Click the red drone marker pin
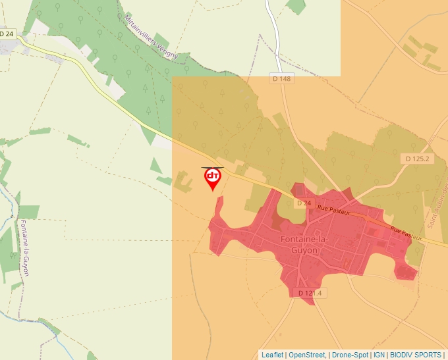(x=213, y=178)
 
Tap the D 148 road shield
(x=282, y=79)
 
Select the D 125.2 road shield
(x=416, y=159)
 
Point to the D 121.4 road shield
(x=309, y=293)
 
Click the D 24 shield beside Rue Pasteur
(x=303, y=203)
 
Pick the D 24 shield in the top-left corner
(x=7, y=34)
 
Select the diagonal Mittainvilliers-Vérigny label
(x=151, y=36)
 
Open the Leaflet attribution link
(x=273, y=355)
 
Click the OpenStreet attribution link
(x=307, y=355)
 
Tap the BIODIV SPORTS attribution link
(x=415, y=355)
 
